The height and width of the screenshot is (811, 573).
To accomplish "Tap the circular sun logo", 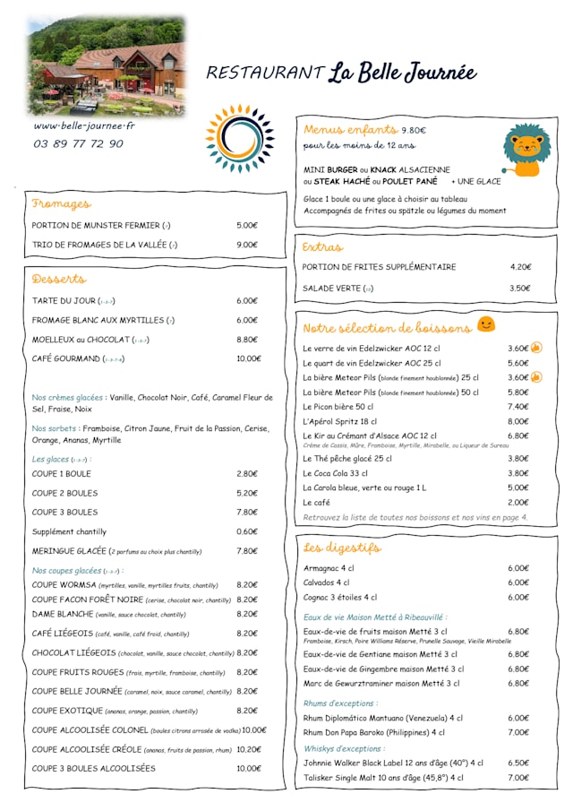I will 238,138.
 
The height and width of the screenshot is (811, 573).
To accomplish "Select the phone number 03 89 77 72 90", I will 79,143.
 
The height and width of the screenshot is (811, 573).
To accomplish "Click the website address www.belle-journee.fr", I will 84,126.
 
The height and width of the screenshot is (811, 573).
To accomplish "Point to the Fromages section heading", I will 61,203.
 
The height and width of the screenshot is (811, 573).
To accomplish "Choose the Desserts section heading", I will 59,279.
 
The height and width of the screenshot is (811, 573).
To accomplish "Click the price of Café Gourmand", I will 248,358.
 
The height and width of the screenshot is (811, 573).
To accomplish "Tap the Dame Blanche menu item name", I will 63,614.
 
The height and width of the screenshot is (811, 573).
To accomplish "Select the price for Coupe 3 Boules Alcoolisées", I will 248,768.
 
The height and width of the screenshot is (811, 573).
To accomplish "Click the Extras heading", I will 322,246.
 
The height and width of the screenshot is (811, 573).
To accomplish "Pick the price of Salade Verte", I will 519,289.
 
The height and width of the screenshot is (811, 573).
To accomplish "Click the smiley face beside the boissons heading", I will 486,324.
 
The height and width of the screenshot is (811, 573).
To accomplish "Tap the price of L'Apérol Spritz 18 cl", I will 518,421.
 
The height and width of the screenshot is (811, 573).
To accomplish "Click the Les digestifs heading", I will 342,547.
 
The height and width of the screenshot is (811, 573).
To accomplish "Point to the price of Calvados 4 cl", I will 518,582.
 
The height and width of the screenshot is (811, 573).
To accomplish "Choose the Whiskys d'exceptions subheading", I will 344,748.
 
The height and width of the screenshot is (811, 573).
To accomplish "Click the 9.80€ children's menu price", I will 414,130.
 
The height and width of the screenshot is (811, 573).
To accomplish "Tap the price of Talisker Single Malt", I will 518,777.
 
